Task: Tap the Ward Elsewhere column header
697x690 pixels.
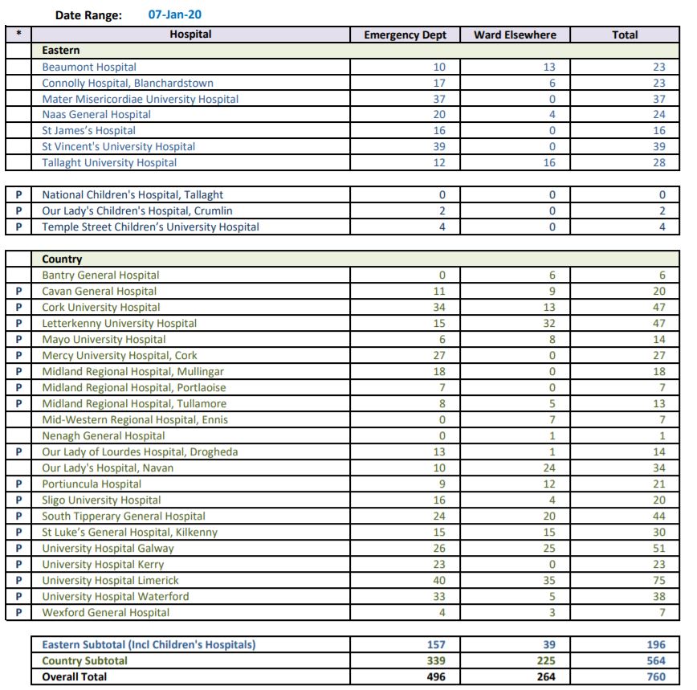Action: (x=515, y=35)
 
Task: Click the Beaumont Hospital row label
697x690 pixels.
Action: (x=89, y=67)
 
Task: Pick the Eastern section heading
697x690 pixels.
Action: (x=61, y=51)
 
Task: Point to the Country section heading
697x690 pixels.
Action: (x=62, y=259)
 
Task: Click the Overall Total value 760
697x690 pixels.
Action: (x=654, y=676)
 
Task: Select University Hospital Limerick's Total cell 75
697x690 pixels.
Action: (x=658, y=580)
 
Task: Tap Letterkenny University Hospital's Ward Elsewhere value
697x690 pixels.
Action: (x=549, y=323)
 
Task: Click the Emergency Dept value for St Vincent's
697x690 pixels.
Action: (x=438, y=146)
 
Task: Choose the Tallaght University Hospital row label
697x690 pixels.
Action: (x=109, y=162)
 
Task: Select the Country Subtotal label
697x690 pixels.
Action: (x=84, y=660)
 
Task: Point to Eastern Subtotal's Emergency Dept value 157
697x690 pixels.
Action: (x=436, y=644)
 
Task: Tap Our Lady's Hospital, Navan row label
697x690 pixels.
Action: (x=108, y=467)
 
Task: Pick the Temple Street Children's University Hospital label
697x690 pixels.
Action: (x=150, y=227)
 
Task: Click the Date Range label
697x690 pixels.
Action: (x=88, y=14)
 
